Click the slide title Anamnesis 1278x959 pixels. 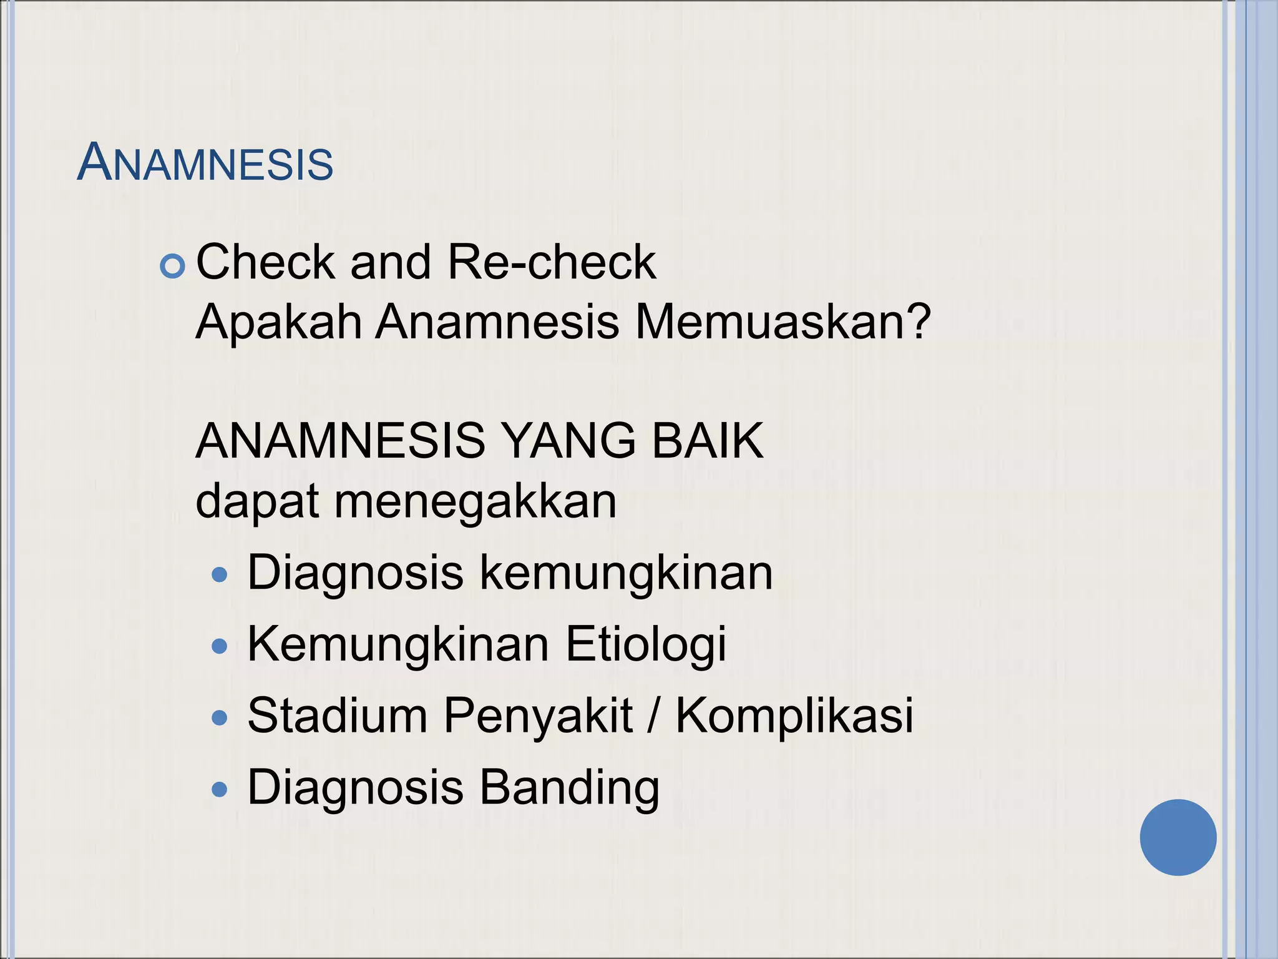pyautogui.click(x=205, y=163)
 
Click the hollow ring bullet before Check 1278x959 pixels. pyautogui.click(x=173, y=267)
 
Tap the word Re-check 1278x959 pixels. pyautogui.click(x=552, y=262)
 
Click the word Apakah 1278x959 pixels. pyautogui.click(x=279, y=322)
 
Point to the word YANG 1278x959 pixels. pyautogui.click(x=568, y=441)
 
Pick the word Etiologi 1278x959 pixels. pyautogui.click(x=646, y=645)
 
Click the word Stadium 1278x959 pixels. pyautogui.click(x=338, y=716)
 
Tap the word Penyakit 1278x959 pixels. pyautogui.click(x=538, y=717)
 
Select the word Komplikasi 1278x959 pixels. pyautogui.click(x=794, y=717)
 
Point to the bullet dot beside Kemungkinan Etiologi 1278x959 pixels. pyautogui.click(x=220, y=646)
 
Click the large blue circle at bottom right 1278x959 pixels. pyautogui.click(x=1178, y=837)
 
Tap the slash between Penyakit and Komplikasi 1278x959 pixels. pyautogui.click(x=653, y=717)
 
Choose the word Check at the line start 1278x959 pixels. pyautogui.click(x=265, y=262)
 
